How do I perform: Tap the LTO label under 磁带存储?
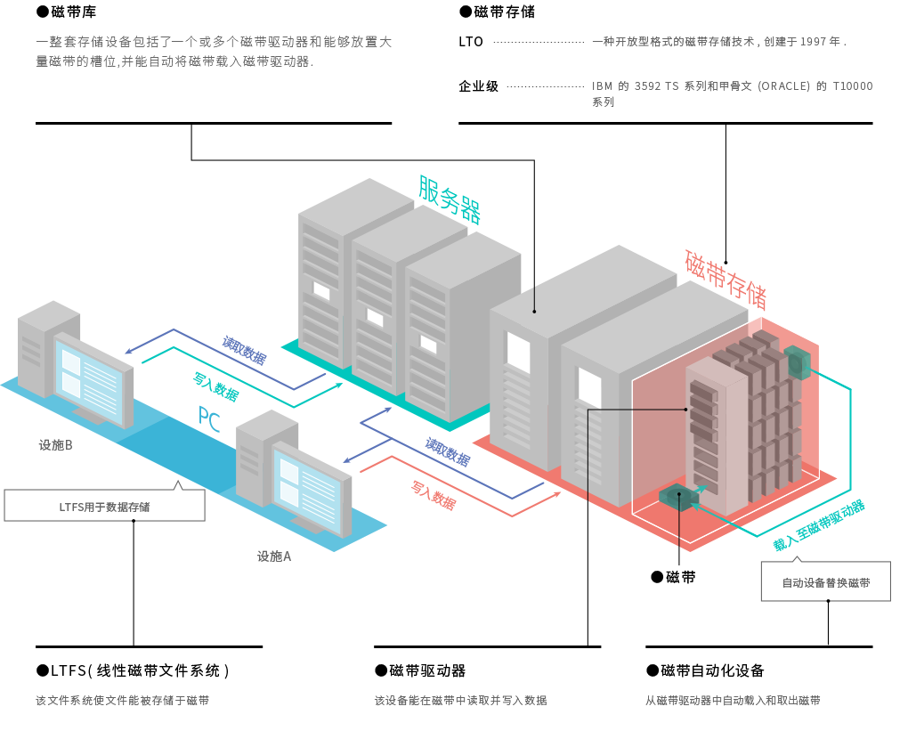click(x=471, y=42)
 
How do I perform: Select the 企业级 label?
click(x=478, y=86)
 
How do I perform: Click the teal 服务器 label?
click(x=450, y=199)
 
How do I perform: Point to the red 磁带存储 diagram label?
click(x=726, y=280)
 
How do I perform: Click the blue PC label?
click(x=209, y=418)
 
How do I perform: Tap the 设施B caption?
click(x=55, y=445)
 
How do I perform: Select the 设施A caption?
click(x=274, y=556)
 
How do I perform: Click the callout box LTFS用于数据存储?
click(x=104, y=506)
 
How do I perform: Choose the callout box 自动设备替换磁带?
click(x=826, y=581)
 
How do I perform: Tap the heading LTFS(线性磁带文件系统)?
click(x=133, y=670)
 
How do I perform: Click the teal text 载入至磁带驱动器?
click(x=819, y=525)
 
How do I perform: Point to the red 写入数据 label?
click(x=434, y=495)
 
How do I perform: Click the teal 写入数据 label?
click(x=215, y=387)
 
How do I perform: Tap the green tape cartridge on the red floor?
click(x=674, y=497)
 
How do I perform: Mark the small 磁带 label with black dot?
click(x=674, y=577)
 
